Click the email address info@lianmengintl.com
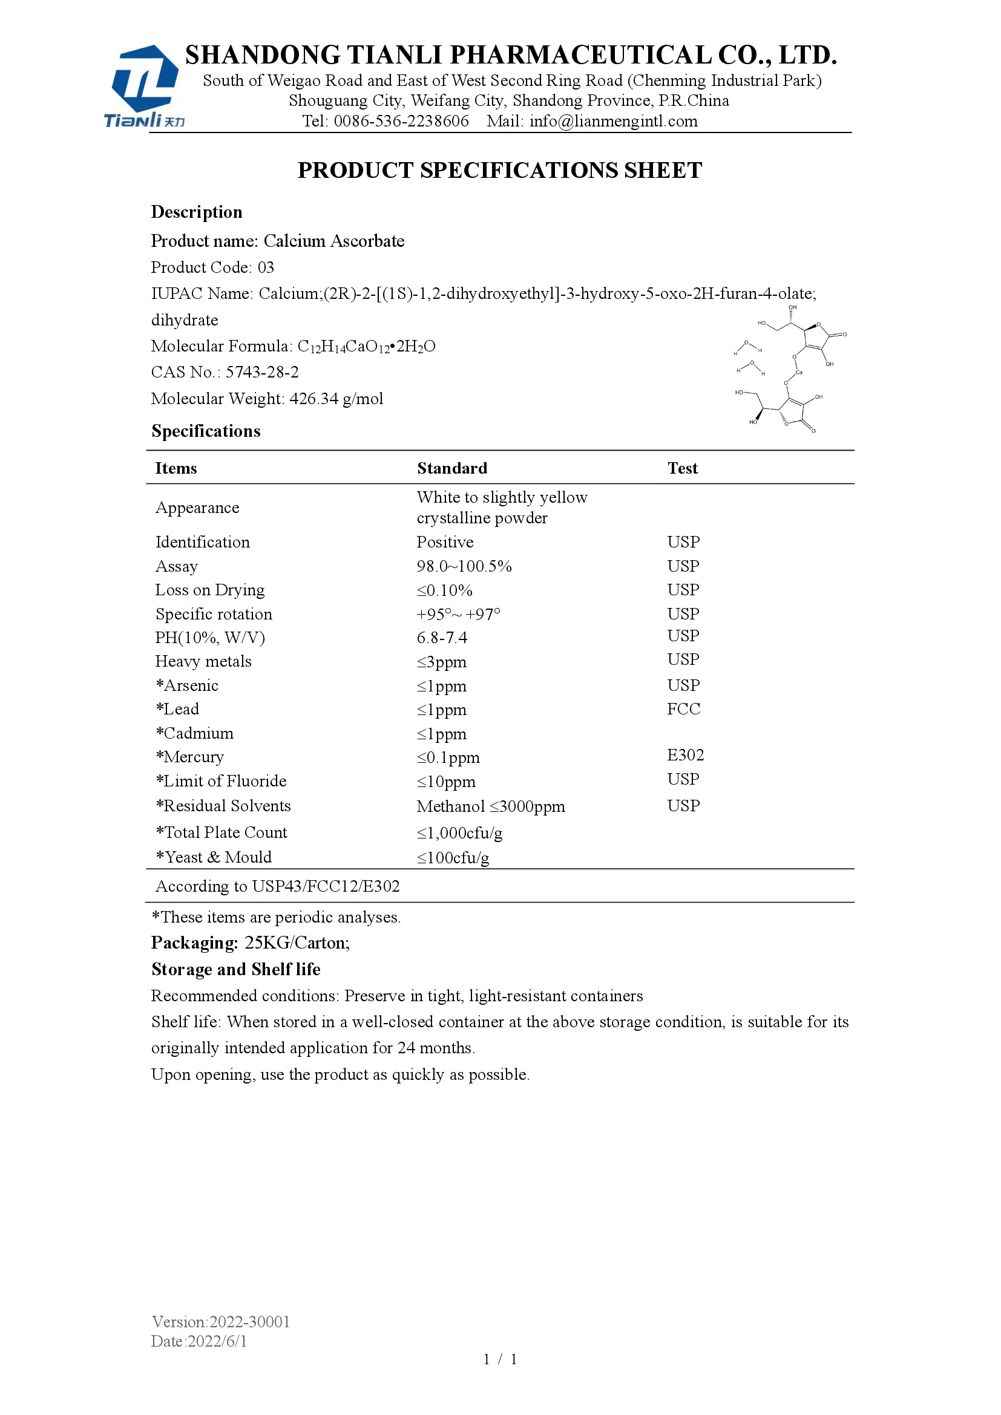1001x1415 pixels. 613,122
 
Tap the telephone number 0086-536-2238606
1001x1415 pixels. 401,122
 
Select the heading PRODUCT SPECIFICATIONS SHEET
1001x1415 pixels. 500,171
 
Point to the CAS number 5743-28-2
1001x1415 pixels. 262,372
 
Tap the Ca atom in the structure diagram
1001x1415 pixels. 799,372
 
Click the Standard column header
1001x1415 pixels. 452,468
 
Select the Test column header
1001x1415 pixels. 682,468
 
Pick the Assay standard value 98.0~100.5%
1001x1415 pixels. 464,566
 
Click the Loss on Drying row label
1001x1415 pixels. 209,590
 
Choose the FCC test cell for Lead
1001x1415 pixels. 683,710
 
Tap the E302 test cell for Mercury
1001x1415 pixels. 686,756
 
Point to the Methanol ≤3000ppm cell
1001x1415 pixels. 491,807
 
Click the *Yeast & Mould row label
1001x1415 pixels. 214,857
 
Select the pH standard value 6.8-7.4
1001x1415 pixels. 442,638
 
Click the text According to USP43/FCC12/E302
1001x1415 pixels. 277,886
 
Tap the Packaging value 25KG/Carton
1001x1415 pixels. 297,943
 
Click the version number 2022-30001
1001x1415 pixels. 249,1322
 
